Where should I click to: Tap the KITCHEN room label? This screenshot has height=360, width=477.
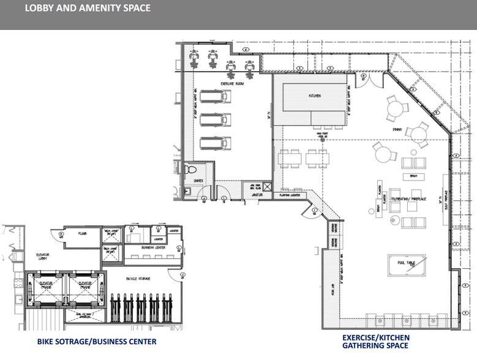[x=315, y=96]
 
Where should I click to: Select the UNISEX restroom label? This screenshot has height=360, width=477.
[x=197, y=181]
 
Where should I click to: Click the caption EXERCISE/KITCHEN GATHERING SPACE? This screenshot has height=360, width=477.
[x=376, y=342]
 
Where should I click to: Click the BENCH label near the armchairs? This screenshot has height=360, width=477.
[x=413, y=177]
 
